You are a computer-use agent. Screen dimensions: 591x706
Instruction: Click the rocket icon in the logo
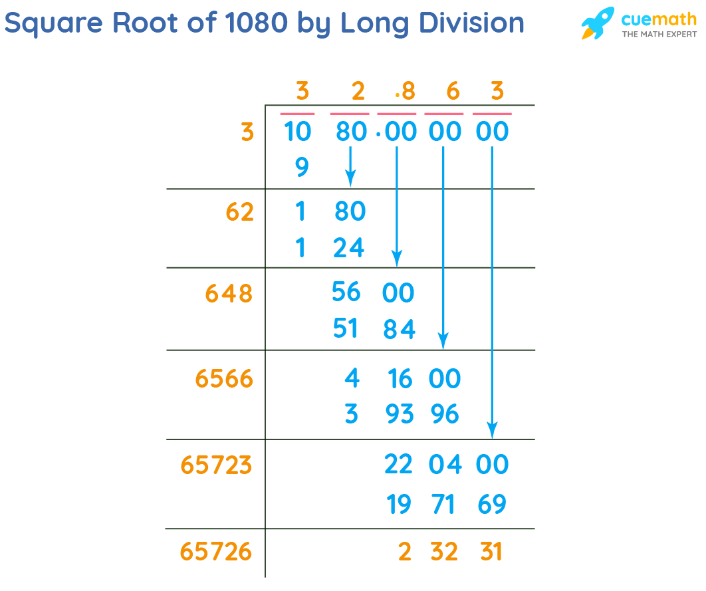[x=598, y=23]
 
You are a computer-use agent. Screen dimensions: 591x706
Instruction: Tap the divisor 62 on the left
[x=239, y=212]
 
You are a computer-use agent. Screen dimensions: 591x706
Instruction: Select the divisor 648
[x=229, y=293]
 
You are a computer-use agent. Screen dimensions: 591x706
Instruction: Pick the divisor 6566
[x=224, y=379]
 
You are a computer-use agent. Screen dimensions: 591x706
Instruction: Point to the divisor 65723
[x=216, y=465]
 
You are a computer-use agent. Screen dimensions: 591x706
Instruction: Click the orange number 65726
[x=216, y=551]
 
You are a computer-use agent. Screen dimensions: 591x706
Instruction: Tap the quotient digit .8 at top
[x=404, y=91]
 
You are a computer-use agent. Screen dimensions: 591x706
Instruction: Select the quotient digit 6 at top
[x=453, y=91]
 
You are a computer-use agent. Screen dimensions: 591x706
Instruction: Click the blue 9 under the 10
[x=301, y=168]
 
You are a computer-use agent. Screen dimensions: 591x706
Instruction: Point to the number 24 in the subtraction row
[x=349, y=248]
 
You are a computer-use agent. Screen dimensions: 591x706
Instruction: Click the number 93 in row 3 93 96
[x=399, y=415]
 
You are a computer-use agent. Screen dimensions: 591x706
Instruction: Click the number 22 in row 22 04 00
[x=399, y=465]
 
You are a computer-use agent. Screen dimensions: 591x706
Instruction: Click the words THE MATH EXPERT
[x=659, y=34]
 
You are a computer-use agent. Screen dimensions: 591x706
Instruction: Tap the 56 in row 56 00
[x=346, y=292]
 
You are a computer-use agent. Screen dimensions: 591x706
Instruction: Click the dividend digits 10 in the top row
[x=296, y=132]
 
